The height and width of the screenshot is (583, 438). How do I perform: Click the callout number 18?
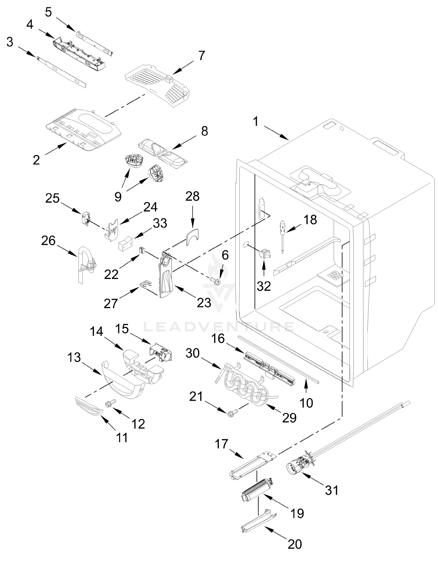pos(310,220)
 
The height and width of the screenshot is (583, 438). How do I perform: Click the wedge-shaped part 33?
pos(125,243)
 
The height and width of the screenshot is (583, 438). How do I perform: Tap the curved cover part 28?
pos(192,236)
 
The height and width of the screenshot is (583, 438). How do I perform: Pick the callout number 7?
pos(202,55)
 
